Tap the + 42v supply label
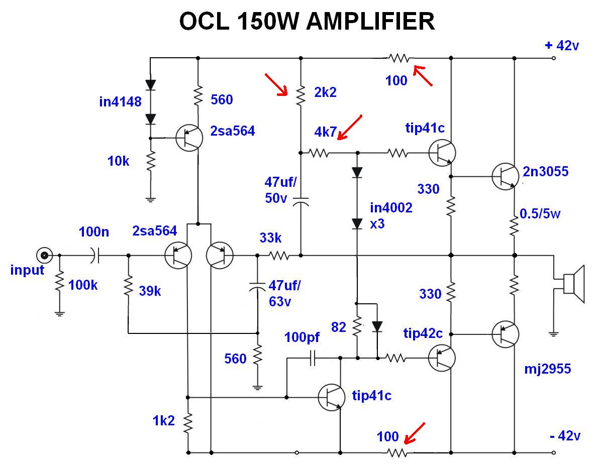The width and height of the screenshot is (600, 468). pos(562,46)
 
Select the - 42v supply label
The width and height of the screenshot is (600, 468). pos(565,436)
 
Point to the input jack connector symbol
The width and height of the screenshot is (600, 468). pos(45,256)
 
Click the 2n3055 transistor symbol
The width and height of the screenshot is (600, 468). pos(505,176)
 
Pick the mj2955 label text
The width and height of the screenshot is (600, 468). pos(546,370)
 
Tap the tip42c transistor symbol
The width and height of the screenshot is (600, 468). pos(442,358)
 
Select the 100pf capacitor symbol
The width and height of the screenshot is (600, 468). pos(313,358)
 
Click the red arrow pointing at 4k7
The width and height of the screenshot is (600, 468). pos(350,128)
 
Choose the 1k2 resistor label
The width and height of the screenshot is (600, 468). pos(164,421)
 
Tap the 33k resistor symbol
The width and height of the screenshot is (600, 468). pos(279,256)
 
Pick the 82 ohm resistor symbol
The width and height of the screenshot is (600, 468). pos(357,327)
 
